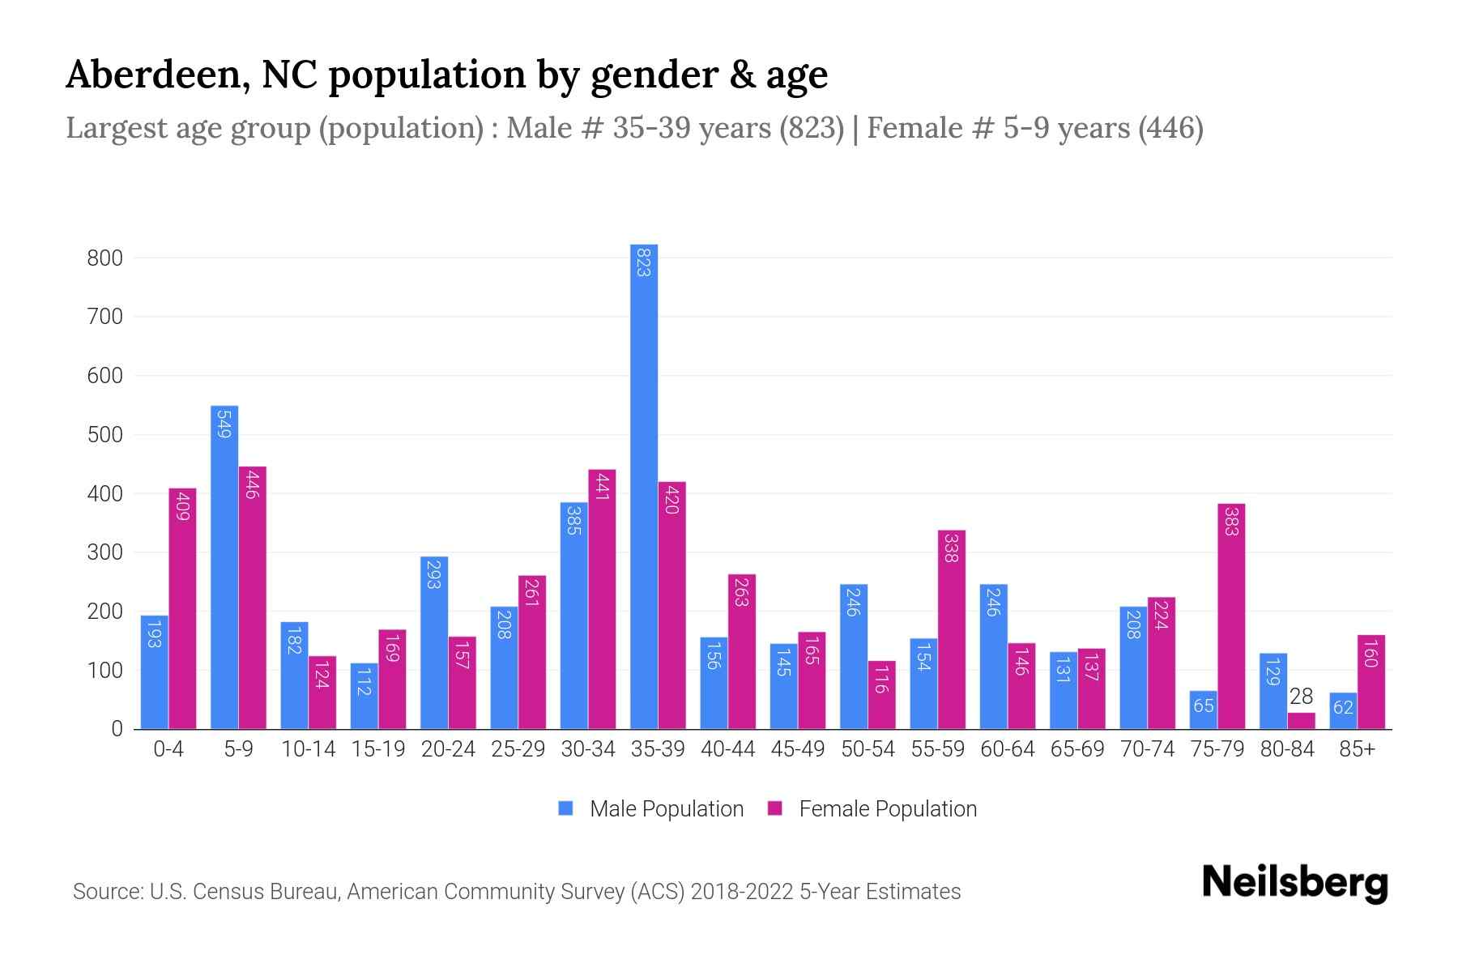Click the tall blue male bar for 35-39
644,486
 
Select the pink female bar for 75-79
1230,616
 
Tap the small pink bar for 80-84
1301,720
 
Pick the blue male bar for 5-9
224,567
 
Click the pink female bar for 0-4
182,607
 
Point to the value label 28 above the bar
1301,697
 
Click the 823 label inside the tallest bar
644,262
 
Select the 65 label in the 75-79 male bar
1204,706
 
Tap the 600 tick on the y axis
105,376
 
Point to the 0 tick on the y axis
117,729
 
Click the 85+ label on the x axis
1357,749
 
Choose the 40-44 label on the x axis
727,749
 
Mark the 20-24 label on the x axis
448,749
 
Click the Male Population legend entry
666,808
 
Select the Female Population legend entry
887,808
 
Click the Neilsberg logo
1294,883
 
